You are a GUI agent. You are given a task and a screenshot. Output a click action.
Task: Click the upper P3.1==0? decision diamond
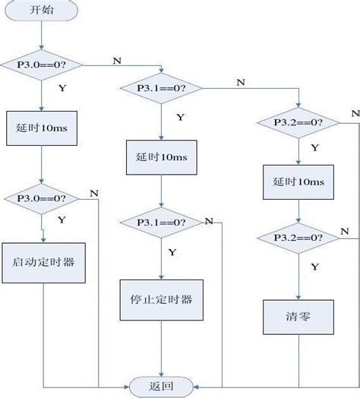click(163, 88)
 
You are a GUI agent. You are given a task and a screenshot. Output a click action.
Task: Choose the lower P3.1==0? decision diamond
click(163, 223)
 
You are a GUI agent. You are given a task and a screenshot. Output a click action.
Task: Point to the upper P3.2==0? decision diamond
click(297, 122)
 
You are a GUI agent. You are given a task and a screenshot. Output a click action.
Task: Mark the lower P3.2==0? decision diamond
click(297, 239)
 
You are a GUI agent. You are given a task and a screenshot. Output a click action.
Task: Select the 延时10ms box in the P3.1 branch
click(163, 156)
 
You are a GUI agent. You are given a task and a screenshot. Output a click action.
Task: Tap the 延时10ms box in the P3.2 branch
click(297, 183)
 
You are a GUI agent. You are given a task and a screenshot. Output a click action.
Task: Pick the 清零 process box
click(297, 317)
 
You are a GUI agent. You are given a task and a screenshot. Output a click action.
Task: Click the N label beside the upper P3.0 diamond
click(115, 60)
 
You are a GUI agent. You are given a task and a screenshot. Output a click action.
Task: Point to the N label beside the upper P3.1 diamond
click(241, 82)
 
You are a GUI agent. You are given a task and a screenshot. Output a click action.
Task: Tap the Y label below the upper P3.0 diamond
click(61, 89)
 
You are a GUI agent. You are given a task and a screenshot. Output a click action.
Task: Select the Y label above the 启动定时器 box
click(61, 219)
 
